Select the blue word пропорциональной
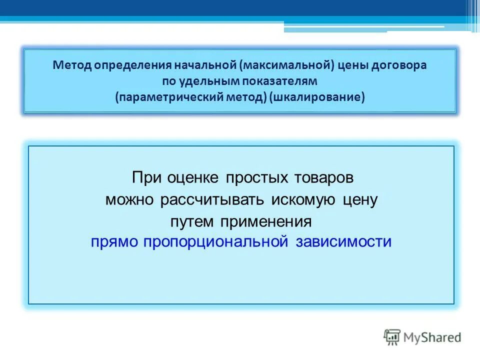coord(215,242)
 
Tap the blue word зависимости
coord(343,242)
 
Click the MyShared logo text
coord(433,337)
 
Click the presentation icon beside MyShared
coord(391,337)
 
